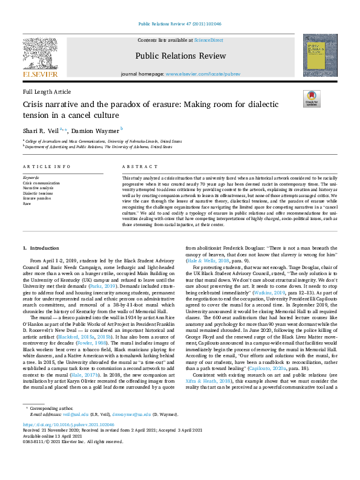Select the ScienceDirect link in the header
[209, 40]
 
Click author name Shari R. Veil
[41, 129]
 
